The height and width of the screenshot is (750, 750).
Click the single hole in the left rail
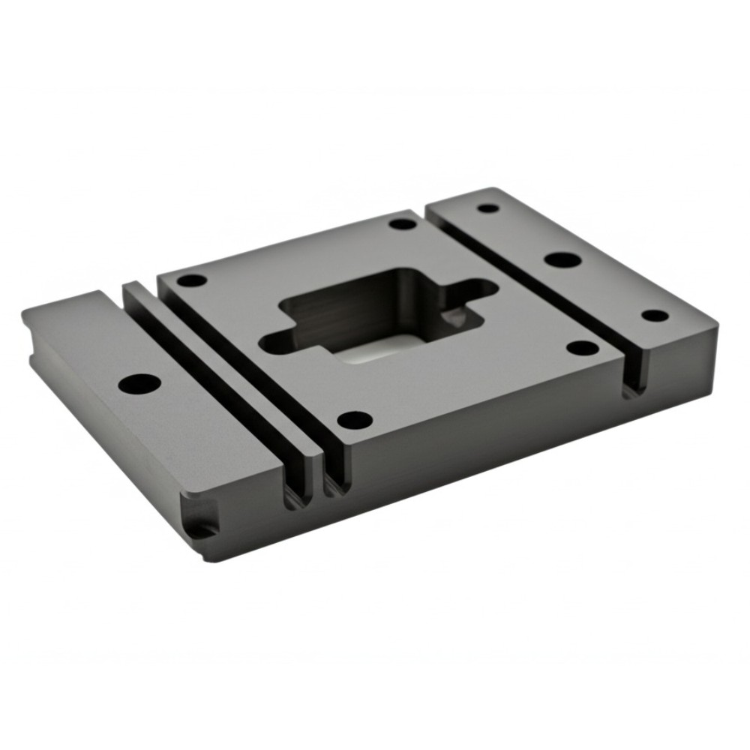click(x=139, y=383)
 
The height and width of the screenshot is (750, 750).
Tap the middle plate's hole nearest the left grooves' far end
click(x=191, y=280)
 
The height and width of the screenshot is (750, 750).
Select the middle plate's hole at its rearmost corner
click(x=403, y=223)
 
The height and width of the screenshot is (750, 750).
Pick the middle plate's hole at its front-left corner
click(x=355, y=420)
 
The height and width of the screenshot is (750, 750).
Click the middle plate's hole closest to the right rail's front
click(x=582, y=348)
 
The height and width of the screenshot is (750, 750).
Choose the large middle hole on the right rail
click(x=562, y=259)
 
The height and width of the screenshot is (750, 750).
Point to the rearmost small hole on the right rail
click(x=488, y=208)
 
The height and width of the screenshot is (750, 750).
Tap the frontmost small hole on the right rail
click(x=655, y=316)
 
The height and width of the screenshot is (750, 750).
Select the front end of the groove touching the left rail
click(x=295, y=491)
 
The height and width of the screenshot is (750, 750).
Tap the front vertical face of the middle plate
click(x=480, y=427)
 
